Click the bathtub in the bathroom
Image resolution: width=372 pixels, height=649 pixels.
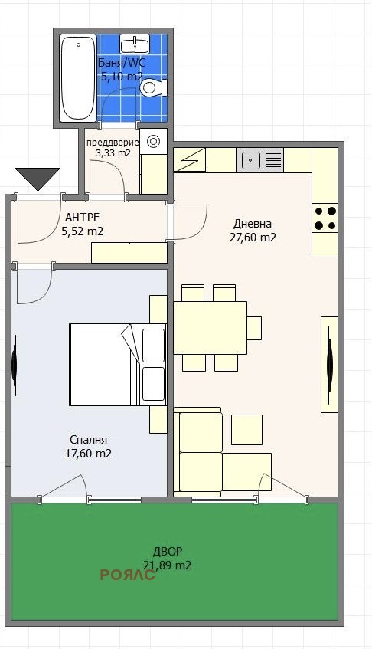coord(78,78)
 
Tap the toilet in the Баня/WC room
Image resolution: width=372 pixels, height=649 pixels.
coord(153,87)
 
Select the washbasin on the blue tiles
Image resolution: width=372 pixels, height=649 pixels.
coord(135,44)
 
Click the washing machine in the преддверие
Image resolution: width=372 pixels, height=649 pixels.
coord(153,142)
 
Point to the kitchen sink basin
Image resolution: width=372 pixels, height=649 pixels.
coord(250,159)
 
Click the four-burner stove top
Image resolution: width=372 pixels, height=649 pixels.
coord(325,218)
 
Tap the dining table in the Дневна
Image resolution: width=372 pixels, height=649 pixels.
coord(210,328)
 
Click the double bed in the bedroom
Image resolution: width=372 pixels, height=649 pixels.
coord(118,364)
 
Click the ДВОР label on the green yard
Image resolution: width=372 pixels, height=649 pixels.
coord(168,552)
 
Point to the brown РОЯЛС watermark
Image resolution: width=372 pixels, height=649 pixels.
coord(128,575)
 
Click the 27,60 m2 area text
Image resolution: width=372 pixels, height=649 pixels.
coord(253,238)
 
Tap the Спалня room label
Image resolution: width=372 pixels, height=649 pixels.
coord(89,440)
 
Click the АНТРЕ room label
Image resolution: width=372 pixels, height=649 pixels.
coord(83,217)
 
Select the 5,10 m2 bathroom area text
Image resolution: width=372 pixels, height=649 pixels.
coord(122,76)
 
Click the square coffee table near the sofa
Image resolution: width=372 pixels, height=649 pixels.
coord(246,430)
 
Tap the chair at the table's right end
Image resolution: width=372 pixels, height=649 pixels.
coord(255,328)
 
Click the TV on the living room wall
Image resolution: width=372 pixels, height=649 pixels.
coord(329,365)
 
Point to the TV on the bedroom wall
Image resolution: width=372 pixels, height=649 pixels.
coord(14,365)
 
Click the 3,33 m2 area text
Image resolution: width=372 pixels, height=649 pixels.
coord(113,152)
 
